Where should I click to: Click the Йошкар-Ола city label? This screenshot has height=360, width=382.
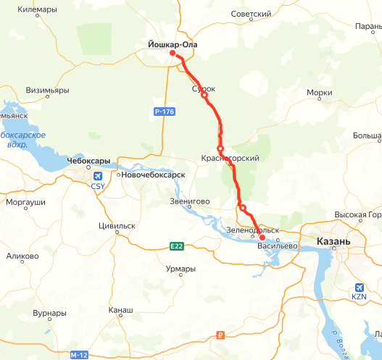(x=167, y=44)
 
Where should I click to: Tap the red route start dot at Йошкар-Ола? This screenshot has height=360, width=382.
(x=173, y=53)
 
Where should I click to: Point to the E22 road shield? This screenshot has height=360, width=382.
(x=177, y=246)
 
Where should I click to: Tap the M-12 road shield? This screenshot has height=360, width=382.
(x=79, y=355)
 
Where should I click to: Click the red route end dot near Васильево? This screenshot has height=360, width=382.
(x=262, y=237)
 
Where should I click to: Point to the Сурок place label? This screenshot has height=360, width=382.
(x=204, y=88)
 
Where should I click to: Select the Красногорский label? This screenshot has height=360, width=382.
(x=230, y=158)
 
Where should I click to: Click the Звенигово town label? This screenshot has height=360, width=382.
(x=189, y=201)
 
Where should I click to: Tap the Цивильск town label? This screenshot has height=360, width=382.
(x=117, y=225)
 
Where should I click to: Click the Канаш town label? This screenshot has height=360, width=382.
(x=120, y=310)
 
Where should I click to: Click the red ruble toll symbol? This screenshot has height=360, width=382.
(x=221, y=335)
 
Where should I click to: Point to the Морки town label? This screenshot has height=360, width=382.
(x=320, y=93)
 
